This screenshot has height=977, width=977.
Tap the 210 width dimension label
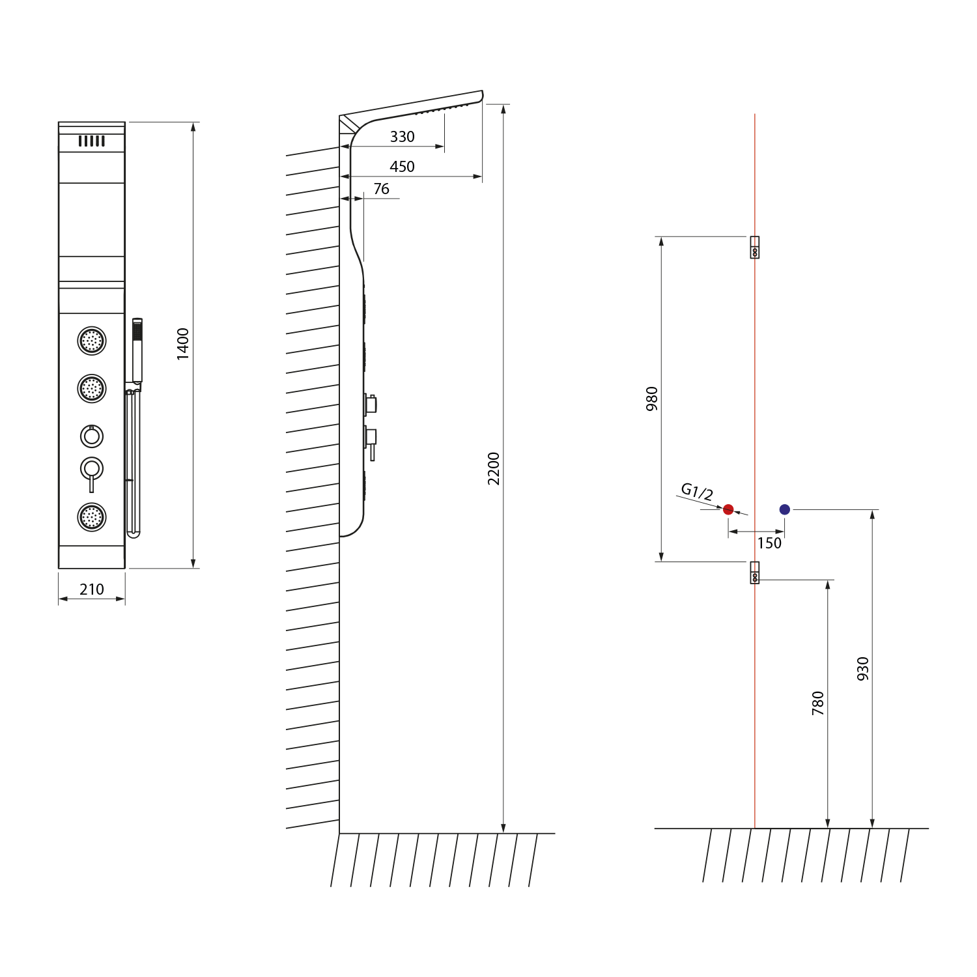pyautogui.click(x=92, y=589)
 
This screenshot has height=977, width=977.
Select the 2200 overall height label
pyautogui.click(x=494, y=468)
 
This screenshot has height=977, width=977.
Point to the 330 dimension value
pyautogui.click(x=403, y=137)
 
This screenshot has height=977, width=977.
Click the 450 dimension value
pyautogui.click(x=403, y=167)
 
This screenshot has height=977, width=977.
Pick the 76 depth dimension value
pyautogui.click(x=382, y=189)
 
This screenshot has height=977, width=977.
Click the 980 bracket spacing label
pyautogui.click(x=652, y=399)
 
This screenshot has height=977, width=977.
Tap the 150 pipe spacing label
pyautogui.click(x=769, y=543)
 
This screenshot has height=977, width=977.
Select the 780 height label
pyautogui.click(x=818, y=703)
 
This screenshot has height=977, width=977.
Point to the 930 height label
pyautogui.click(x=863, y=669)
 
